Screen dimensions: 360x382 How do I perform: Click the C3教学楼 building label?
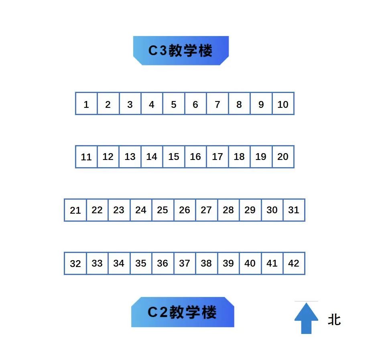181,51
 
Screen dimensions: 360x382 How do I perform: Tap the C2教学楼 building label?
183,312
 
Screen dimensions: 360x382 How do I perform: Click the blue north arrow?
306,318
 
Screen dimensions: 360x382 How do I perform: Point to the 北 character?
334,320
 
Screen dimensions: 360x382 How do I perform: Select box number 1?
86,104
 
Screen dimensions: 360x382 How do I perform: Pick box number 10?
283,104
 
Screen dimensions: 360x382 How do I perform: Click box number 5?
174,104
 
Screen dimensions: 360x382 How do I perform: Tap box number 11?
86,157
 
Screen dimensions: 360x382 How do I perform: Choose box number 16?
195,157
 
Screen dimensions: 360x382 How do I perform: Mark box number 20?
283,157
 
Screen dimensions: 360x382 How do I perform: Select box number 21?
75,210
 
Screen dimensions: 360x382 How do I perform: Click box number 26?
185,210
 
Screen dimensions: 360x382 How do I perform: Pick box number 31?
294,210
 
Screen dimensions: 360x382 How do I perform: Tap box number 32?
75,263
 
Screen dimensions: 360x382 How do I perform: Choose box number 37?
185,263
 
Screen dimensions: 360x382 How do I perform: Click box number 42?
294,263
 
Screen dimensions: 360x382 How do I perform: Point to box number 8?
239,104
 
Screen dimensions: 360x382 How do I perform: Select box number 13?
130,157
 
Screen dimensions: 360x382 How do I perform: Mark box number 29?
250,210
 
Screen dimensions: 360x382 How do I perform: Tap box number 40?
250,263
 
